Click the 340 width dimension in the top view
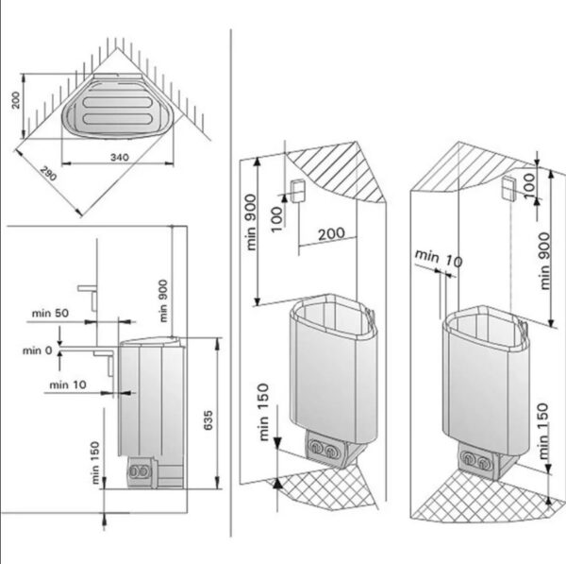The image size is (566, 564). coord(118,154)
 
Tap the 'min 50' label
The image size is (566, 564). coord(50,311)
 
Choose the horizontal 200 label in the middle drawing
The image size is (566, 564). coord(329,233)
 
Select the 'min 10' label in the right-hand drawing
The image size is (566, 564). coord(439,257)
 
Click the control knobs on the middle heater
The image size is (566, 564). coord(322,451)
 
